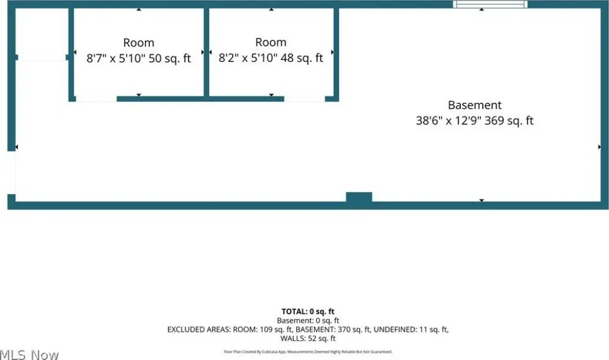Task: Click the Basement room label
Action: coord(475,105)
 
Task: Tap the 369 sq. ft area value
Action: coord(509,121)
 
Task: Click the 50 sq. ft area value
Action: coord(169,58)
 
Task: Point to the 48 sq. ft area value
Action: coord(302,58)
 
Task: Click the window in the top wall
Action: coord(490,4)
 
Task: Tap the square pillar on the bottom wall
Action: coord(359,197)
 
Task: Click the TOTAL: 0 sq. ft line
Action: coord(308,311)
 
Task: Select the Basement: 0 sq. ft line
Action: coord(308,321)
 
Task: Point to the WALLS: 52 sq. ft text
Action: coord(308,339)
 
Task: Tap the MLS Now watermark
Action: coord(30,355)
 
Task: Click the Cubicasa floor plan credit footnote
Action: coord(308,352)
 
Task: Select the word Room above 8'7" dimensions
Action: coord(139,42)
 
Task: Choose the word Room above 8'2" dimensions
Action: coord(271,42)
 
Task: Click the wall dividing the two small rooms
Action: coord(206,52)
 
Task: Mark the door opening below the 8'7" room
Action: coord(96,99)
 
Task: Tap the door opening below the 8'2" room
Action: coord(304,99)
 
